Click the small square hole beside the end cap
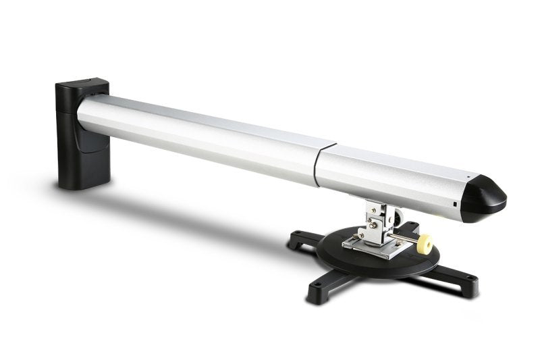[456, 203]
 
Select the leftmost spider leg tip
[297, 238]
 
